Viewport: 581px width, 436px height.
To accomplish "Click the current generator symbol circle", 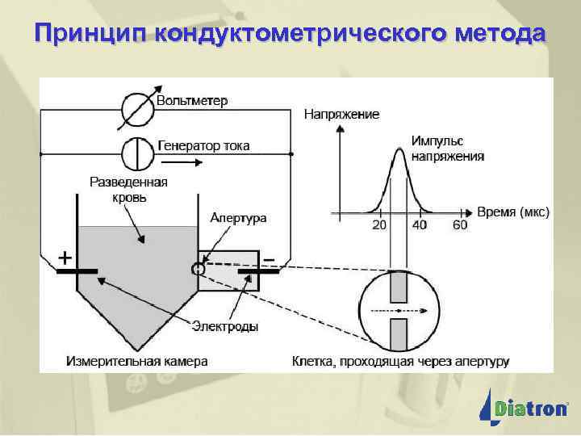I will click(x=138, y=152).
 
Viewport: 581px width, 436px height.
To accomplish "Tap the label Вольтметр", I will click(x=192, y=101).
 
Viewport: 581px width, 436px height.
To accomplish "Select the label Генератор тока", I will click(x=203, y=146).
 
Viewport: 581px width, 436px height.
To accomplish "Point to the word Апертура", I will click(x=238, y=218).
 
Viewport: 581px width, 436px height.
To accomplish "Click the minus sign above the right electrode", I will click(x=269, y=258).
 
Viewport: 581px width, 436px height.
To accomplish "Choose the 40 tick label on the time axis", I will click(x=420, y=225).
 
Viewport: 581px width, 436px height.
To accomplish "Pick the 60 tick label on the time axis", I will click(x=459, y=225).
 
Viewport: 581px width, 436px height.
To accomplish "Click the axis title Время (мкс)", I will click(x=513, y=212).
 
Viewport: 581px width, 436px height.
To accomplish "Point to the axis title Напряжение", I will click(x=341, y=115).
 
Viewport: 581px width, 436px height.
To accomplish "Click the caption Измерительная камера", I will click(x=136, y=361).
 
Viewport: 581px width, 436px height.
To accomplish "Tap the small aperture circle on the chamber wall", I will click(x=197, y=268).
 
